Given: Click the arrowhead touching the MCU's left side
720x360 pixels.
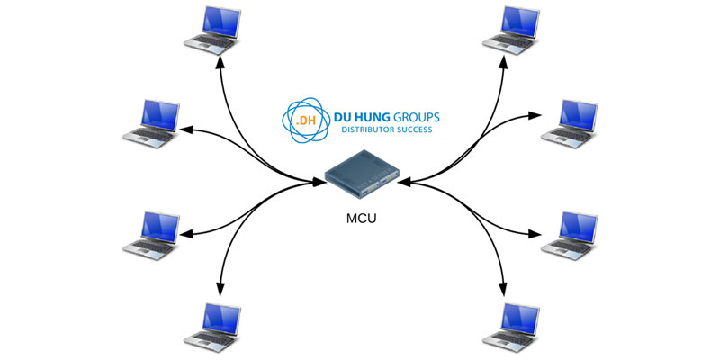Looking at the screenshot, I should (x=319, y=183).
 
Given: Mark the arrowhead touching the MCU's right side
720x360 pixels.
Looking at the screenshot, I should (x=401, y=183).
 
